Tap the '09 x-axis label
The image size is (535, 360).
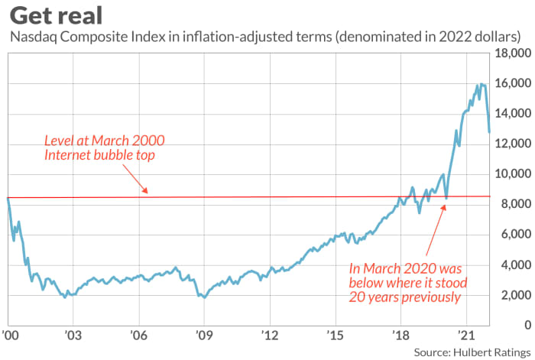click(204, 334)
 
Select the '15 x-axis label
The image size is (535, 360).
click(335, 334)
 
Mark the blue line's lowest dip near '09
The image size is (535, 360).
click(203, 297)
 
